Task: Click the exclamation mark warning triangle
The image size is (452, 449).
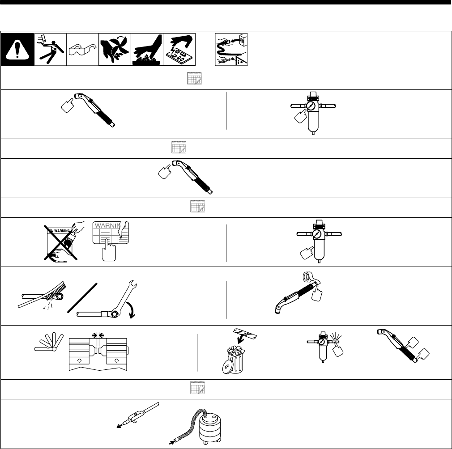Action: pyautogui.click(x=17, y=50)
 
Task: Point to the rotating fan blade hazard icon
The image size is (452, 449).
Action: pyautogui.click(x=115, y=50)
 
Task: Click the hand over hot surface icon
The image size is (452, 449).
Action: pyautogui.click(x=147, y=50)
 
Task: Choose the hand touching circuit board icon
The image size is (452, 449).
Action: pyautogui.click(x=179, y=50)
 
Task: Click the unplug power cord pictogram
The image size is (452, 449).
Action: pyautogui.click(x=231, y=50)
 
